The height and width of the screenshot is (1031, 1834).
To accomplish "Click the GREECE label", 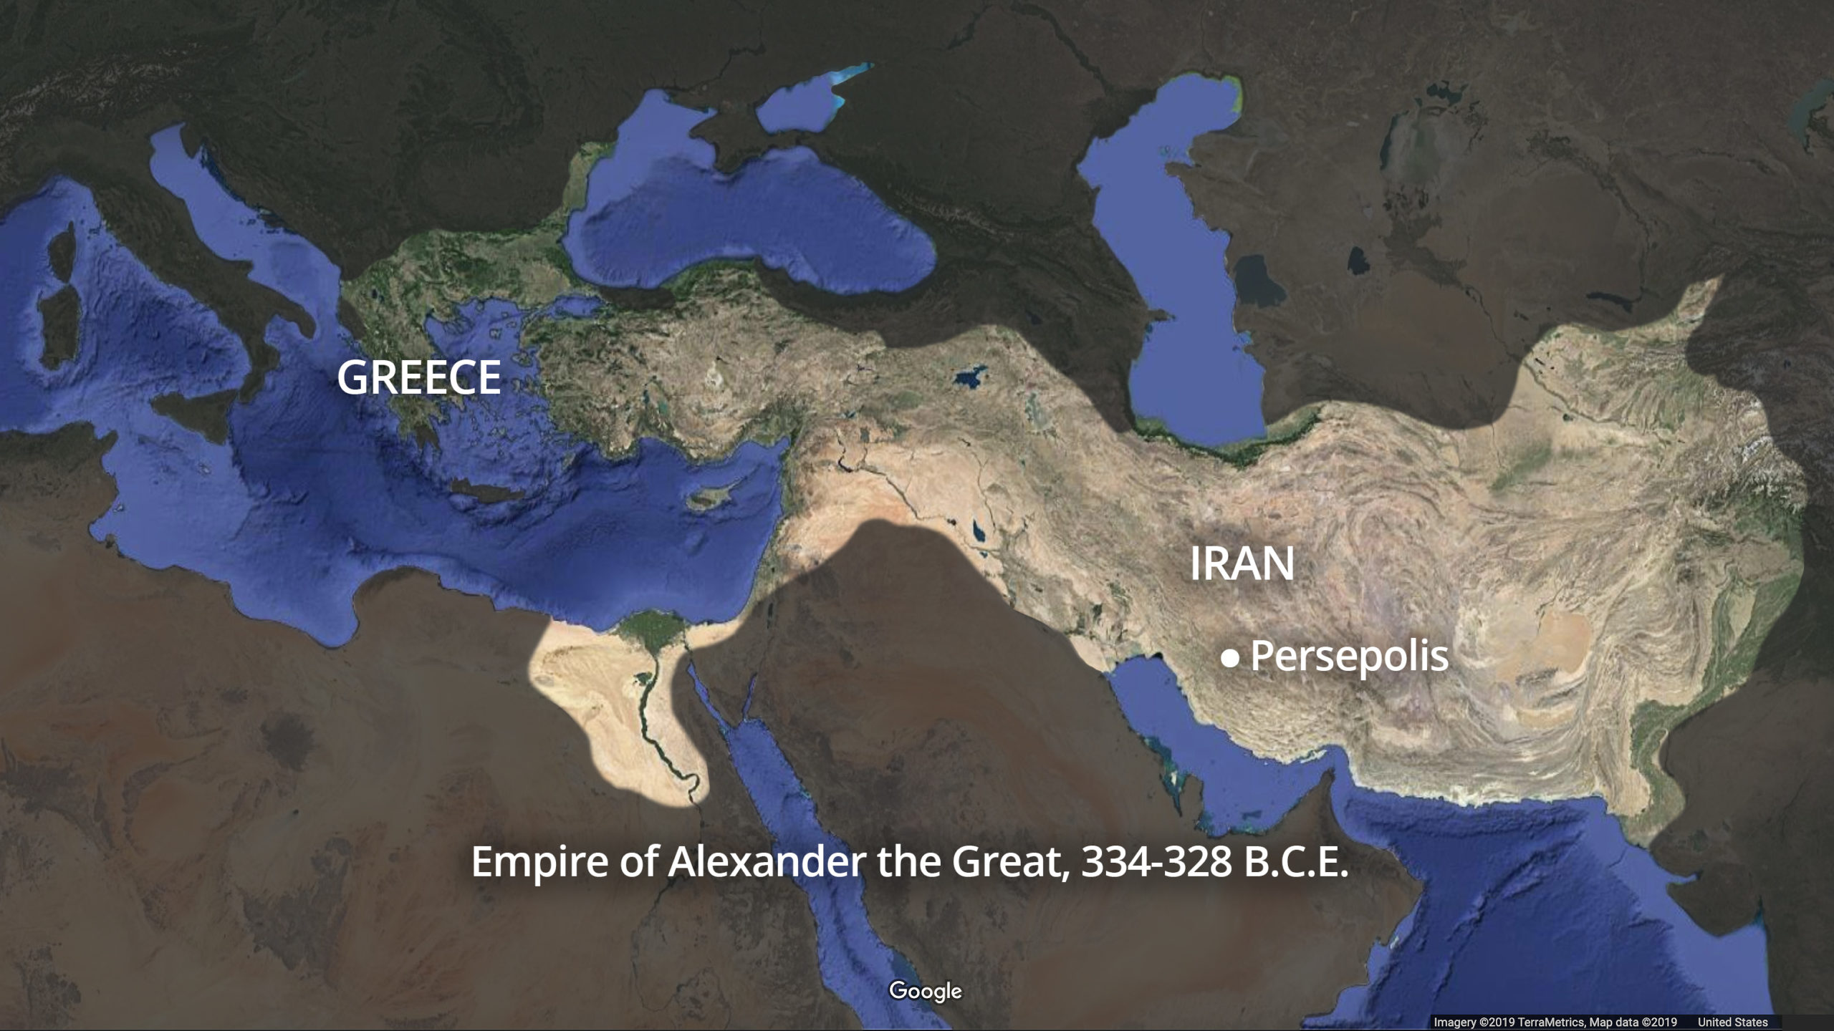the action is point(418,377).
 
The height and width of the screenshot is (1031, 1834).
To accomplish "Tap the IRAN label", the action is point(1242,564).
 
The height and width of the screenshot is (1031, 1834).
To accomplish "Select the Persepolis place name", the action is point(1349,655).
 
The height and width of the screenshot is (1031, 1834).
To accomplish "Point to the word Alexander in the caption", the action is point(766,862).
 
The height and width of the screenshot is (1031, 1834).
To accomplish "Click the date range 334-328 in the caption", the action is point(1156,863).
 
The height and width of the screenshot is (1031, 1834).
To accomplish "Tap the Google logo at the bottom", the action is point(925,991).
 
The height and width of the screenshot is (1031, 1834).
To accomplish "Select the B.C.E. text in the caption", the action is point(1296,863).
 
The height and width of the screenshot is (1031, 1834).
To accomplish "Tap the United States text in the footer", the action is point(1732,1022).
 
